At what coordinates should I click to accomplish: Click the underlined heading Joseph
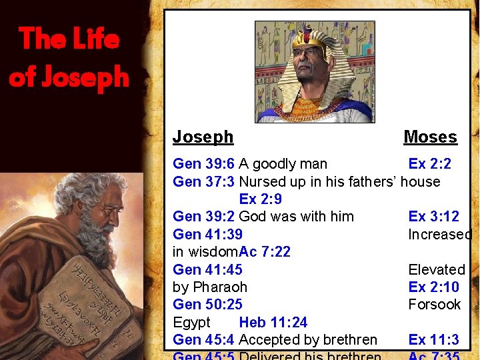pyautogui.click(x=203, y=137)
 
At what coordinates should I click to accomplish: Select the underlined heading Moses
pyautogui.click(x=430, y=137)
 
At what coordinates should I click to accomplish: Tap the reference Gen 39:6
pyautogui.click(x=203, y=164)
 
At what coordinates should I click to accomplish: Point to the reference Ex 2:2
pyautogui.click(x=429, y=164)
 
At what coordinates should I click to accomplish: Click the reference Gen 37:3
pyautogui.click(x=203, y=181)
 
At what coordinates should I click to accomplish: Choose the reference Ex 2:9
pyautogui.click(x=260, y=199)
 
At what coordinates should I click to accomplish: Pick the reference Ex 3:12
pyautogui.click(x=433, y=217)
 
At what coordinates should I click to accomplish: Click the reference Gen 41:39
pyautogui.click(x=207, y=234)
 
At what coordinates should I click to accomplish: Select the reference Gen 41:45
pyautogui.click(x=207, y=269)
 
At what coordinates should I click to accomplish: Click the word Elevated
pyautogui.click(x=437, y=269)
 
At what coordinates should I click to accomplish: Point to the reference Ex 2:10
pyautogui.click(x=433, y=287)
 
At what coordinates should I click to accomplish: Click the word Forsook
pyautogui.click(x=435, y=305)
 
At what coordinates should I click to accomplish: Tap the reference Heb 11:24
pyautogui.click(x=273, y=323)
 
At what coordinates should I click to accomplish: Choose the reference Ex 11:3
pyautogui.click(x=433, y=340)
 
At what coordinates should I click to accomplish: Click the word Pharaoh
pyautogui.click(x=219, y=287)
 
